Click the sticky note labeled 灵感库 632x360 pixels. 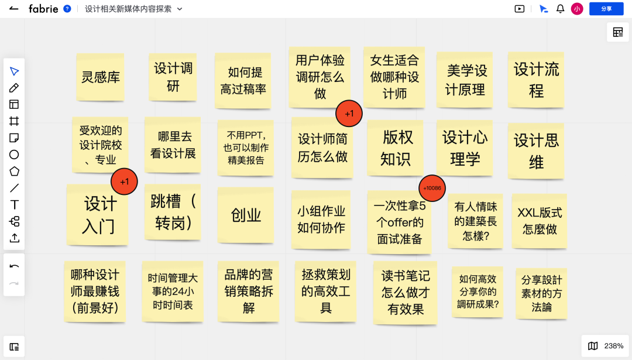pyautogui.click(x=100, y=77)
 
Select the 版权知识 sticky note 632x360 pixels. pyautogui.click(x=396, y=148)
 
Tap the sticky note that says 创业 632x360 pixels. pyautogui.click(x=246, y=215)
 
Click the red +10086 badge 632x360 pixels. pyautogui.click(x=432, y=188)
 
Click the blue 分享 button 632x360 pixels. pyautogui.click(x=606, y=9)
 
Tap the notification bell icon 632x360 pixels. pyautogui.click(x=560, y=9)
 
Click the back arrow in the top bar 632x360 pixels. pyautogui.click(x=14, y=9)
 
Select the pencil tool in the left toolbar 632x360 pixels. pyautogui.click(x=14, y=88)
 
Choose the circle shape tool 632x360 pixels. pyautogui.click(x=14, y=155)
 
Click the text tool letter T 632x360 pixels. pyautogui.click(x=14, y=204)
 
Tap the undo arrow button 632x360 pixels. pyautogui.click(x=14, y=266)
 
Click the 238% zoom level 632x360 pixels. pyautogui.click(x=614, y=346)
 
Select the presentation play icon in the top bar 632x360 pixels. pyautogui.click(x=519, y=9)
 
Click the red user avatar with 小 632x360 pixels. pyautogui.click(x=577, y=9)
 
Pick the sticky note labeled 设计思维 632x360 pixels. pyautogui.click(x=536, y=150)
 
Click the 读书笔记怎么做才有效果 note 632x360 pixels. pyautogui.click(x=406, y=292)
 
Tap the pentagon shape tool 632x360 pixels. pyautogui.click(x=14, y=172)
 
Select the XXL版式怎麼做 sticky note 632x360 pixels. pyautogui.click(x=540, y=220)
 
